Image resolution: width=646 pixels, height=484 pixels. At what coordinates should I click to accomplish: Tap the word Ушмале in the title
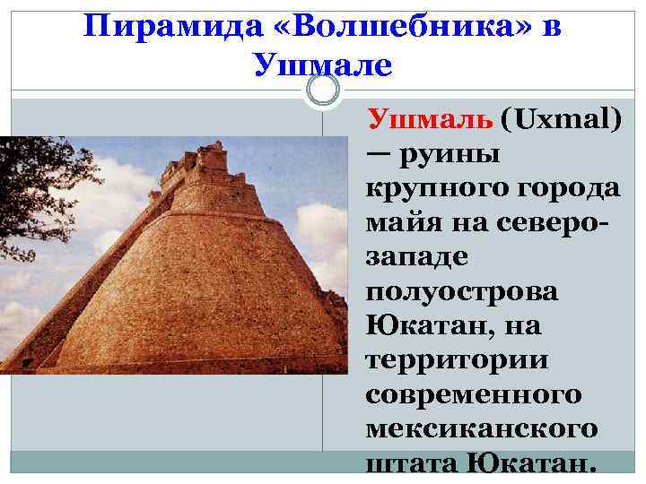[x=323, y=65]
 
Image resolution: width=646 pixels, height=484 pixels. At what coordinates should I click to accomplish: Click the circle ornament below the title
[x=323, y=90]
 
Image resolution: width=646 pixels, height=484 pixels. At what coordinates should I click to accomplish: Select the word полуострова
[x=461, y=293]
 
